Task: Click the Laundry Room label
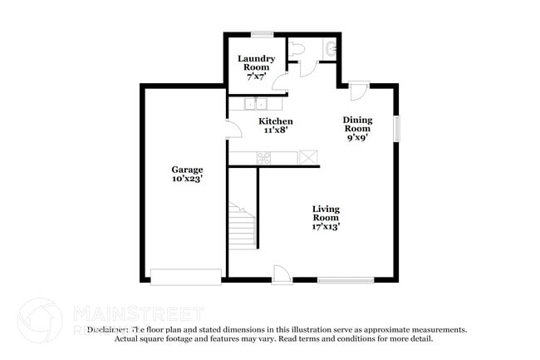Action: [256, 62]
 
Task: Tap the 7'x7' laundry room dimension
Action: [256, 76]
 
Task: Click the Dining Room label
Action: [357, 125]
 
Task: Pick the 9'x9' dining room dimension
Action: [357, 138]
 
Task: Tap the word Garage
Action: [187, 169]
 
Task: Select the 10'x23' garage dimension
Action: [187, 178]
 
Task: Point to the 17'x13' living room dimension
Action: [326, 225]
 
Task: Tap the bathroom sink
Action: [331, 49]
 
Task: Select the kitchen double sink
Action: [254, 105]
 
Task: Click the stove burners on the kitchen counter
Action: [264, 157]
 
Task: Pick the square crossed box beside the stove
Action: [309, 156]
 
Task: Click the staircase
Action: [242, 224]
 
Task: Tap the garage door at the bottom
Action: [186, 275]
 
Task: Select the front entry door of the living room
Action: [282, 274]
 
